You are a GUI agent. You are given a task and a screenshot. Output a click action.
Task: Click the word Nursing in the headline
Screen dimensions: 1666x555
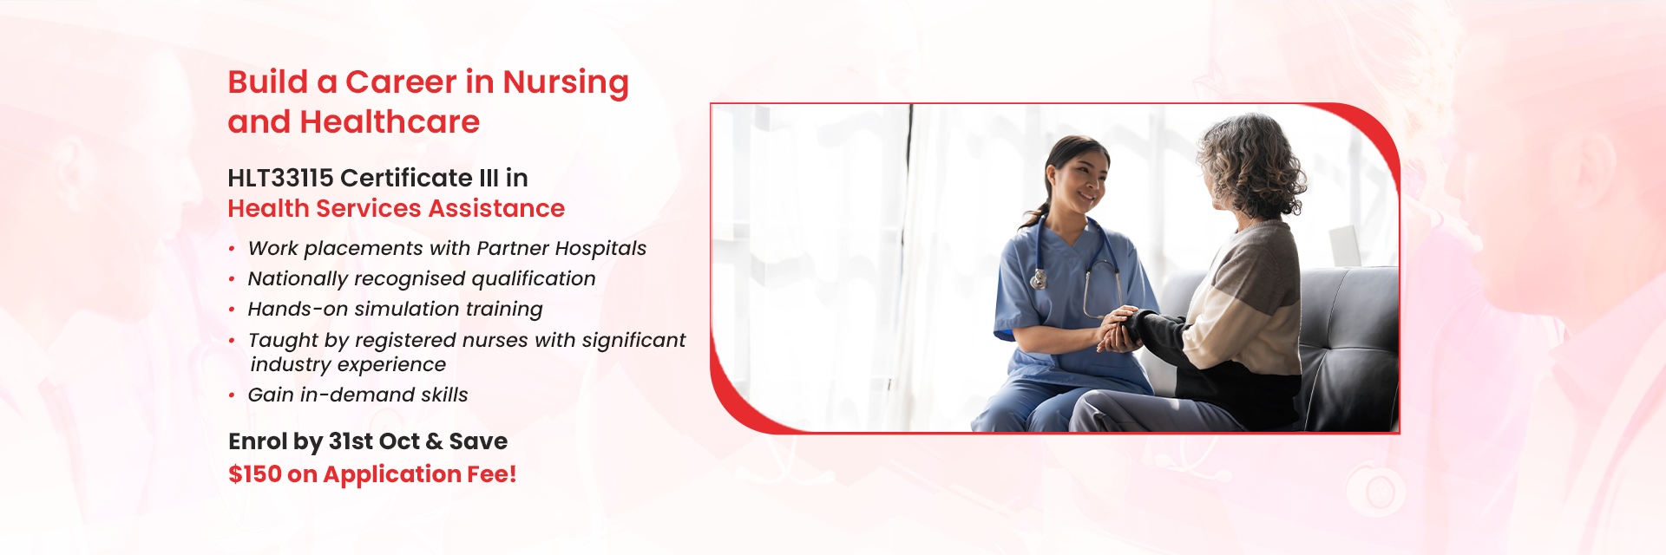(566, 83)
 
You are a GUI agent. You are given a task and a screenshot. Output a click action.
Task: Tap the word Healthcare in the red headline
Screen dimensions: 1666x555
(390, 122)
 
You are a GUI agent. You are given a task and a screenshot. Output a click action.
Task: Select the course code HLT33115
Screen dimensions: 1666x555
(280, 178)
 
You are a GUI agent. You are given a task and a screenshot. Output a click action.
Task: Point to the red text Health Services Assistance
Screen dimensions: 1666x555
(396, 208)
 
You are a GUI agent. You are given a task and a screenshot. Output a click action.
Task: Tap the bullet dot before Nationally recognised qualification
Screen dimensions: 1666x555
(232, 279)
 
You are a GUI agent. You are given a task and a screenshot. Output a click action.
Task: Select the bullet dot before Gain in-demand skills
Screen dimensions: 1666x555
(232, 395)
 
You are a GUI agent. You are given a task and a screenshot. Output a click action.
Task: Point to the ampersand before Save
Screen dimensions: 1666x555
(435, 441)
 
